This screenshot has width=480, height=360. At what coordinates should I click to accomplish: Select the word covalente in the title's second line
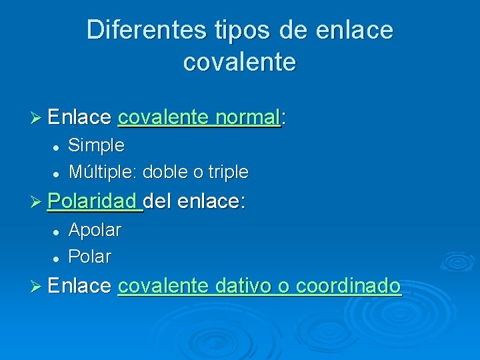point(239,62)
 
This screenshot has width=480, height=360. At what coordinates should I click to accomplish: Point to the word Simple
point(96,145)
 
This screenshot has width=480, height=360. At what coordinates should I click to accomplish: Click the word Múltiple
point(101,172)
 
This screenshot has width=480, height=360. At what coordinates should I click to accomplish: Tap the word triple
point(228,172)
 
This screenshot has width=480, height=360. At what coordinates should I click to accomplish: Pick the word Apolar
point(95,230)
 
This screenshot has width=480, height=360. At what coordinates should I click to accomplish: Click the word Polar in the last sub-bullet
point(90,257)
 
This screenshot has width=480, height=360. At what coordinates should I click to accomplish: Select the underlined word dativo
point(243,286)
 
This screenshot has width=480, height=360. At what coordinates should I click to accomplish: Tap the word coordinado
point(348,286)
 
